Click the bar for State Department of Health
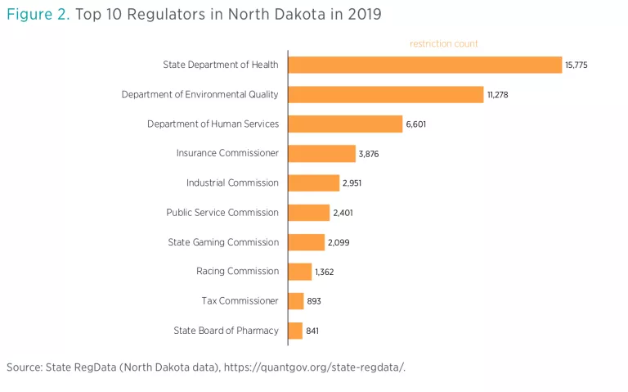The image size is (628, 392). (x=424, y=65)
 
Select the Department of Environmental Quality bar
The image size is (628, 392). (x=385, y=94)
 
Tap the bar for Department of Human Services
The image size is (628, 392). (x=345, y=124)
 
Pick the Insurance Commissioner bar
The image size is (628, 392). (x=321, y=153)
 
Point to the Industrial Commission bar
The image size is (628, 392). (x=313, y=182)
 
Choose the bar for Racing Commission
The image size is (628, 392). (x=299, y=271)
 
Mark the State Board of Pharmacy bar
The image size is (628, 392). (x=295, y=331)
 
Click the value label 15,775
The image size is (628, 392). (x=576, y=65)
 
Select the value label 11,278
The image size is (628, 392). (x=498, y=95)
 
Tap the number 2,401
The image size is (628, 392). (x=343, y=213)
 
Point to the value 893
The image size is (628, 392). (x=314, y=301)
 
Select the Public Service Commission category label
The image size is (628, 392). (x=222, y=213)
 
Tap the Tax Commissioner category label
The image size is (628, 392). (x=240, y=301)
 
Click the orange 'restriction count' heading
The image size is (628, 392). (x=444, y=43)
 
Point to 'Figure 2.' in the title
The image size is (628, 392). (x=37, y=14)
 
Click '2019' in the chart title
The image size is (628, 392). (x=361, y=14)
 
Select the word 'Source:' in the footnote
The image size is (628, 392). (x=25, y=367)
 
